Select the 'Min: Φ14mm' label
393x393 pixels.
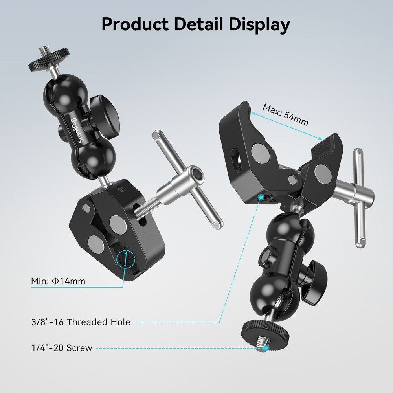click(58, 281)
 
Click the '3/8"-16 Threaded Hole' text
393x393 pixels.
click(81, 322)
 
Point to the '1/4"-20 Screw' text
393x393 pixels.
click(62, 348)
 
